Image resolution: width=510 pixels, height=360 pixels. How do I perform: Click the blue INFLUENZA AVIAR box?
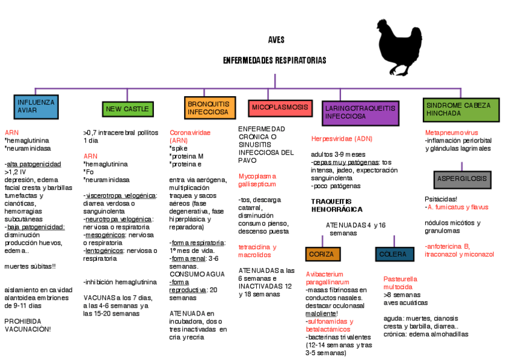point(35,106)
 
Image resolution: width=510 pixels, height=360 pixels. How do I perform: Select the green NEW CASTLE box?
point(127,109)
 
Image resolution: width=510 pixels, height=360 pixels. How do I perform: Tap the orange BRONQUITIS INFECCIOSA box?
point(208,108)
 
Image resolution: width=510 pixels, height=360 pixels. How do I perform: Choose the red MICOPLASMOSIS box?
point(280,108)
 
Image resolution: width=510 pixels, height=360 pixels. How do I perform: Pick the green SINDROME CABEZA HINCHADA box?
point(461,109)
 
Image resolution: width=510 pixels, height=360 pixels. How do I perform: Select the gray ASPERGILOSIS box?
point(462,179)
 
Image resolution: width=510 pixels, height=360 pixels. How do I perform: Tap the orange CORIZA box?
point(321,254)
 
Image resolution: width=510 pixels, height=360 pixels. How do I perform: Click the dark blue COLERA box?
point(394,254)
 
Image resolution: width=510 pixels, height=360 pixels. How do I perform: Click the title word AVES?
point(276,40)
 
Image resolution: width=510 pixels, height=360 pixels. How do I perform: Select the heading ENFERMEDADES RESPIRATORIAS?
point(275,61)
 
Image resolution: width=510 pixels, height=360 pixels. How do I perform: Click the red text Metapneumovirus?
point(452,132)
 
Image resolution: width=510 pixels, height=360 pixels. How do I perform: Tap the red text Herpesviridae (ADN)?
point(342,139)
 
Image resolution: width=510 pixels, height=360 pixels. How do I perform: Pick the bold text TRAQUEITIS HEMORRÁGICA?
point(337,206)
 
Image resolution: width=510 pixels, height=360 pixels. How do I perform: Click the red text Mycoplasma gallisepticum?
point(257,180)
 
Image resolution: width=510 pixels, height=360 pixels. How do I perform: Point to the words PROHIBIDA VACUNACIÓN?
point(28,325)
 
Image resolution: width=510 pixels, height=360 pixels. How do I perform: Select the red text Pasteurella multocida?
point(401,282)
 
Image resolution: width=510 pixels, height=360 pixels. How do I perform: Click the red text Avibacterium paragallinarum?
point(328,278)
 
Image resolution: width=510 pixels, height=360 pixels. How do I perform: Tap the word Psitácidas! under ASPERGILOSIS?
point(441,199)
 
